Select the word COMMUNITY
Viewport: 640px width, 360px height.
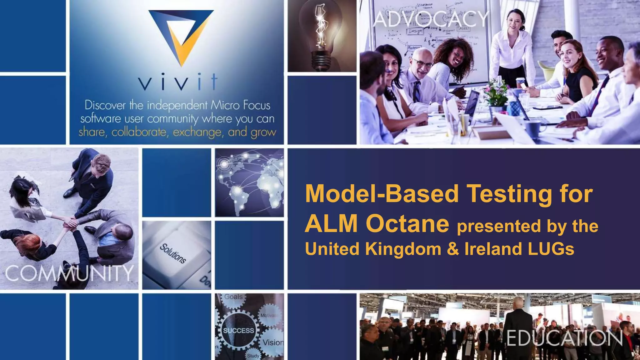(x=69, y=273)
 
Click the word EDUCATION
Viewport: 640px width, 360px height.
(x=564, y=339)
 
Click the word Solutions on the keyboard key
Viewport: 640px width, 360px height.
(x=173, y=253)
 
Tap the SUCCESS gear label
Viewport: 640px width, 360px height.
(x=238, y=331)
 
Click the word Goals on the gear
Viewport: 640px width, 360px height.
(x=233, y=297)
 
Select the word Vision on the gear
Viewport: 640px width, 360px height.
(x=273, y=342)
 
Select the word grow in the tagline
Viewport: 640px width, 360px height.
(x=263, y=132)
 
